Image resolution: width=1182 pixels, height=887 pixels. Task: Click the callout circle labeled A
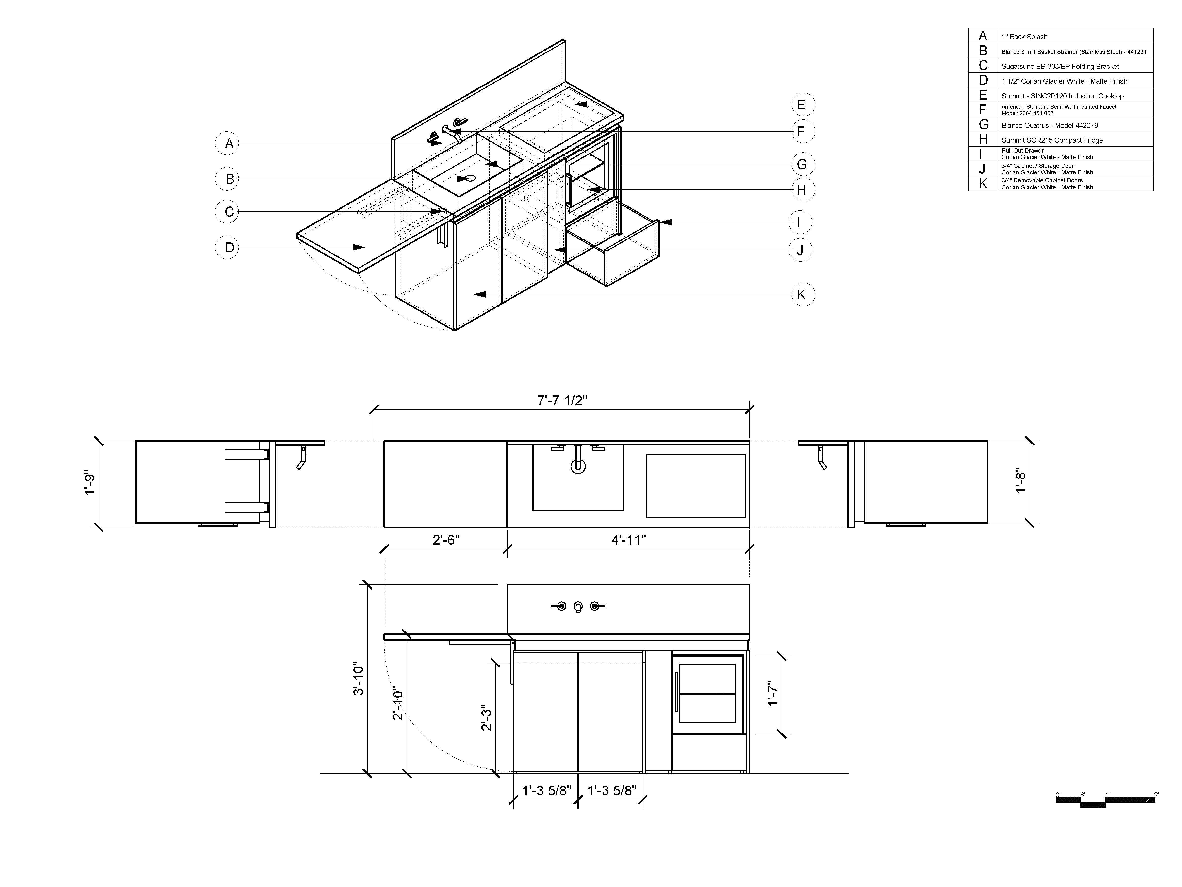pyautogui.click(x=227, y=143)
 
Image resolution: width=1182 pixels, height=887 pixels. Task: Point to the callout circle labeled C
pyautogui.click(x=227, y=212)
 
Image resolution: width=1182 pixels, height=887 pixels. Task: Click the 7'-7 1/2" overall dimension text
pyautogui.click(x=562, y=400)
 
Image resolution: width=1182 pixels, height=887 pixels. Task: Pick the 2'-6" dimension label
pyautogui.click(x=446, y=540)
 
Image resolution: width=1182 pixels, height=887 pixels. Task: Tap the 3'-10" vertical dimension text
pyautogui.click(x=358, y=680)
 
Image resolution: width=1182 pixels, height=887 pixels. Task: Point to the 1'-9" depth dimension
pyautogui.click(x=90, y=484)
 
